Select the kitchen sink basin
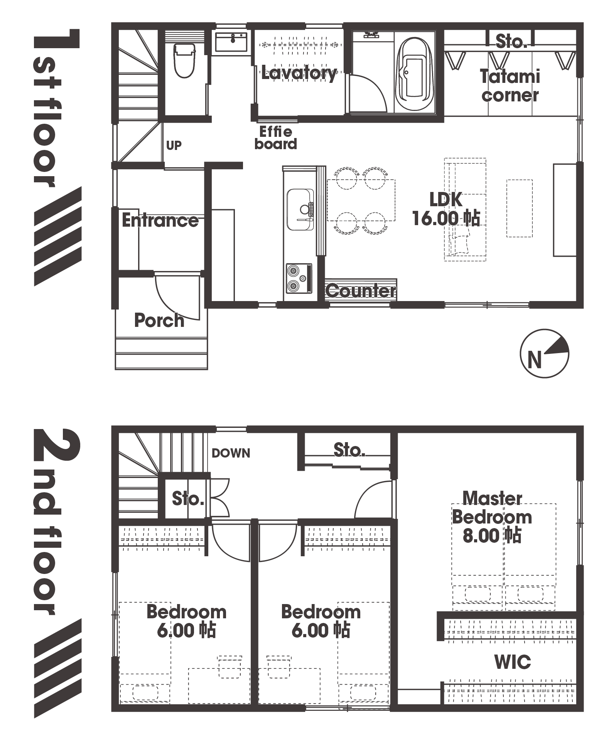(300, 209)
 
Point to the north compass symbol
(544, 353)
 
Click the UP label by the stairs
(174, 145)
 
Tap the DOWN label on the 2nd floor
(231, 453)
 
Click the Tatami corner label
(510, 86)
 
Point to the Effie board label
(276, 138)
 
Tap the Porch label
(159, 320)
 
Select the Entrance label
(160, 220)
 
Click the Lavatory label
(299, 73)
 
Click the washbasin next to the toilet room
(231, 42)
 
